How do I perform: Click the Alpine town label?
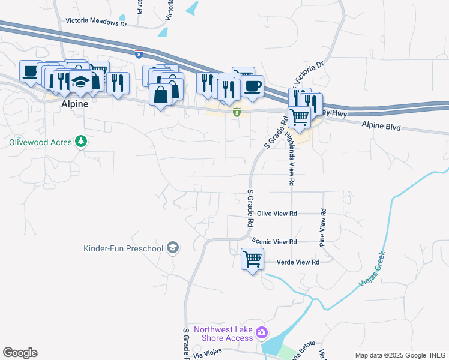pyautogui.click(x=75, y=104)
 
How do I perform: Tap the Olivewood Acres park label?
pyautogui.click(x=40, y=143)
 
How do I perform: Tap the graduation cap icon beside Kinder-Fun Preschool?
pyautogui.click(x=172, y=248)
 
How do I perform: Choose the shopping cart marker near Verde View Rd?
pyautogui.click(x=252, y=260)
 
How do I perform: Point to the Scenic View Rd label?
pyautogui.click(x=274, y=242)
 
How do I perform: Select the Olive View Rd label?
pyautogui.click(x=277, y=214)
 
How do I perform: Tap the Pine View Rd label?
pyautogui.click(x=322, y=227)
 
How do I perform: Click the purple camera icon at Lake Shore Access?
pyautogui.click(x=261, y=332)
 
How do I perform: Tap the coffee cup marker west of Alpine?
pyautogui.click(x=29, y=71)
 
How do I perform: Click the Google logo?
pyautogui.click(x=20, y=353)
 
